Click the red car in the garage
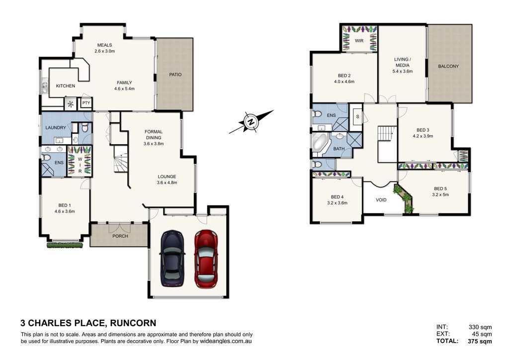pos(206,259)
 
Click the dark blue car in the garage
pos(172,259)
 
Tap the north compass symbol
pos(251,122)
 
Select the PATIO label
pos(175,75)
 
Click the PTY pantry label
pos(86,103)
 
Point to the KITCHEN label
pos(66,86)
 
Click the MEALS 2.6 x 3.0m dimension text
pos(105,51)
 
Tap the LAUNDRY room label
pos(56,128)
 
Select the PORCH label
pos(120,236)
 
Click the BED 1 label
pos(65,205)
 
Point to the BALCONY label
pos(448,66)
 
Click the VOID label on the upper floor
pos(381,200)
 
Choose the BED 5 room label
pos(440,188)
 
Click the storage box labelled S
pos(357,116)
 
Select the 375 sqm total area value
pos(480,341)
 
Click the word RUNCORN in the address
pos(133,323)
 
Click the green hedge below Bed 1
pos(65,245)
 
